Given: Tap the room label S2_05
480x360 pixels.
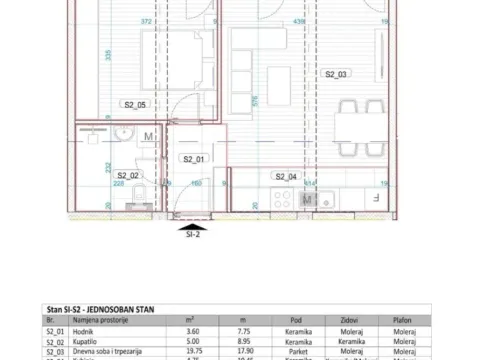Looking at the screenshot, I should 135,104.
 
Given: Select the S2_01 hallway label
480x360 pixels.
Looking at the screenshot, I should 192,159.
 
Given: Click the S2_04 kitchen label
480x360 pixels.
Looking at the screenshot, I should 285,176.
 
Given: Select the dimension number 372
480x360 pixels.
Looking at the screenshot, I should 146,21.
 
